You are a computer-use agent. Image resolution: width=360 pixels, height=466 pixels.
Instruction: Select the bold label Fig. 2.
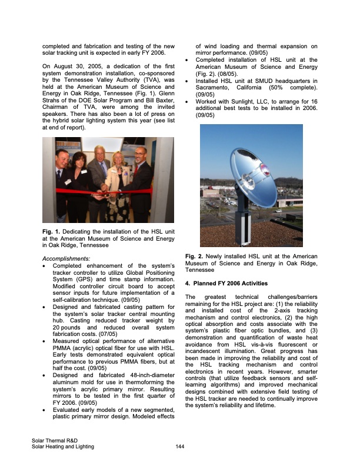[195, 257]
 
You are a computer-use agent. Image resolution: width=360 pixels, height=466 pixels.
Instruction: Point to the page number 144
[181, 447]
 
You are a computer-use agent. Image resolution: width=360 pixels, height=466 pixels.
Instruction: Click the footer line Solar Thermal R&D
[56, 441]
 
